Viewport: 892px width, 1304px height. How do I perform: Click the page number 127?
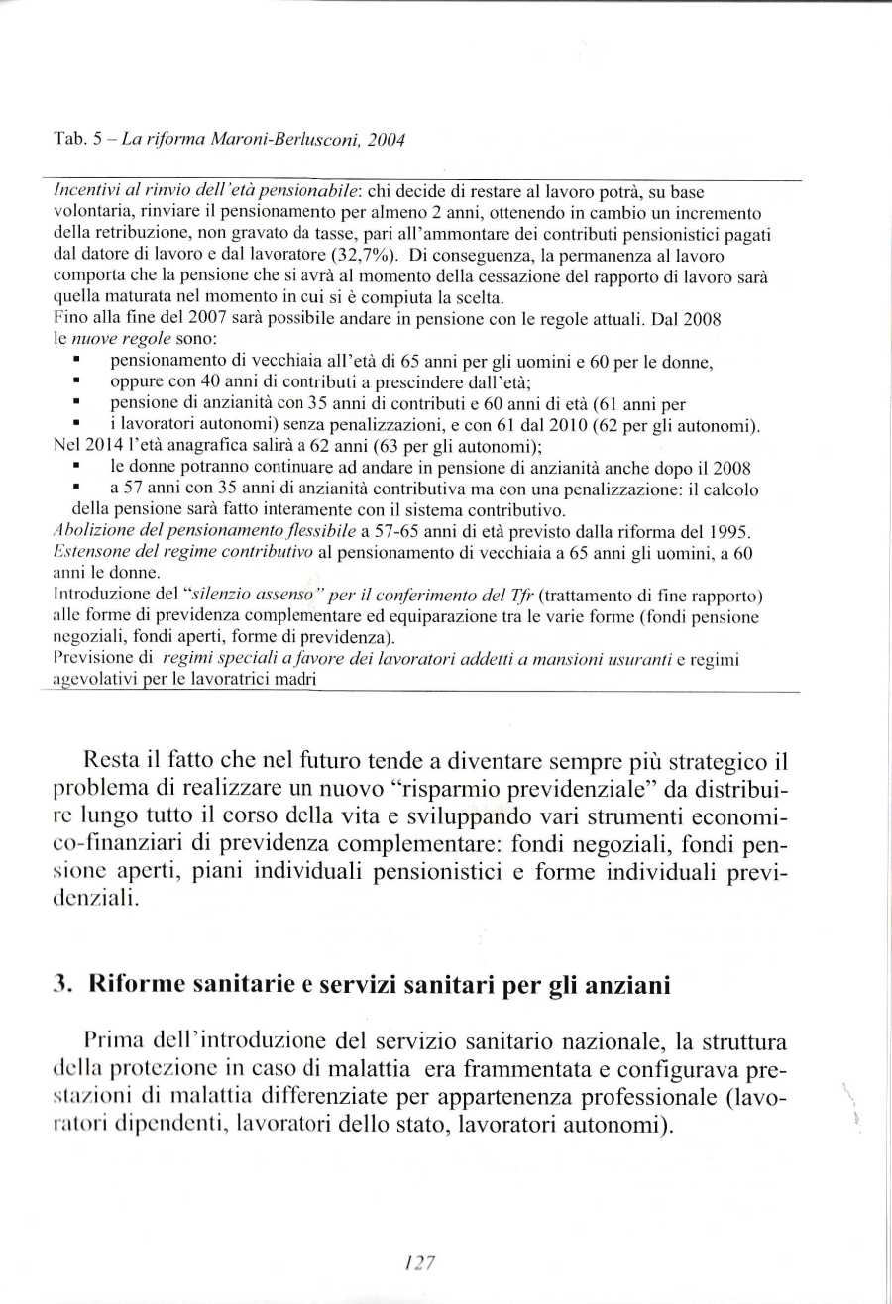click(421, 1262)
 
